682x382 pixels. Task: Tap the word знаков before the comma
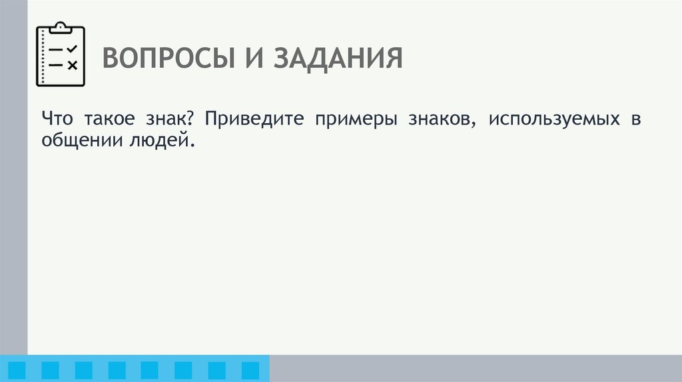(443, 120)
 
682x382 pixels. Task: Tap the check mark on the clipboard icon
(72, 49)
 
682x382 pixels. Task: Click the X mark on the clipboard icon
(72, 65)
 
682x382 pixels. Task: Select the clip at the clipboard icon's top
(61, 27)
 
